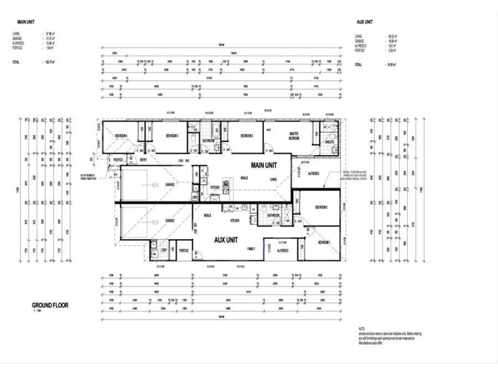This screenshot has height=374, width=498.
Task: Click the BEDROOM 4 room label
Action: (x=121, y=135)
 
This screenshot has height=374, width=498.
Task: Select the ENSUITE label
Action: (x=329, y=143)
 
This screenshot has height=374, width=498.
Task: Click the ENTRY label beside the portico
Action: (x=144, y=160)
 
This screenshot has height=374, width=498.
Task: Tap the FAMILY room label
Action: (x=251, y=249)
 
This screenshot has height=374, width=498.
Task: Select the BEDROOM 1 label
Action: (x=324, y=242)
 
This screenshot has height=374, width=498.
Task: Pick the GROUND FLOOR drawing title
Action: (x=50, y=305)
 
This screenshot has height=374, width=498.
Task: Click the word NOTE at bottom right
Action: (x=362, y=328)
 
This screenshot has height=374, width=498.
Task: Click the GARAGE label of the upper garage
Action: (x=169, y=185)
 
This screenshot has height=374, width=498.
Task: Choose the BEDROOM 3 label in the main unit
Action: (x=172, y=135)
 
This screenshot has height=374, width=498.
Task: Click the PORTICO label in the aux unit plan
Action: (x=184, y=251)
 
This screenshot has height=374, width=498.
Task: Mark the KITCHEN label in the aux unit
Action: (x=235, y=221)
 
